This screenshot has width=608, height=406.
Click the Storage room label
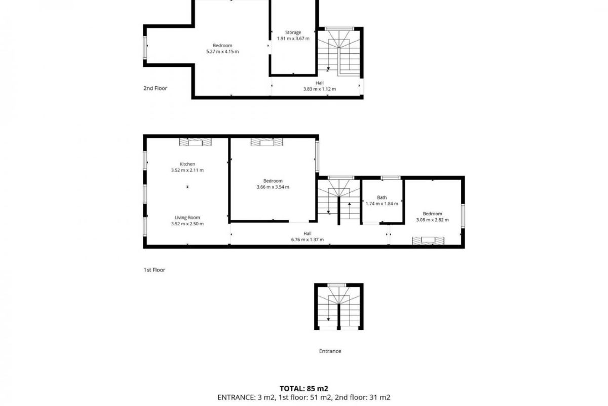coord(293,32)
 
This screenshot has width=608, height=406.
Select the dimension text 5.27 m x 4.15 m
coord(222,51)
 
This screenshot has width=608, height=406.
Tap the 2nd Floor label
coord(155,88)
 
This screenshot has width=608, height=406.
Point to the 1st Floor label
coord(154,270)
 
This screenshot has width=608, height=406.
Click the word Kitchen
coord(187,164)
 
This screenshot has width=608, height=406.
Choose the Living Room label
coord(187,218)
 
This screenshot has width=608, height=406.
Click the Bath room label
coord(382,197)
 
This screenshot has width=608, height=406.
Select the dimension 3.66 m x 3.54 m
coord(273,187)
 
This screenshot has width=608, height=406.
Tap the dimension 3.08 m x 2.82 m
coord(432,220)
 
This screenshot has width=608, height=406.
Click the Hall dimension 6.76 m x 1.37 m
coord(307,240)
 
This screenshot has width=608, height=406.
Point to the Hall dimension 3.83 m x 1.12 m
coord(320,89)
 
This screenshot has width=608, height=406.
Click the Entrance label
coord(330,351)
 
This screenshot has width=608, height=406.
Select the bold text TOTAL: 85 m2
coord(303,388)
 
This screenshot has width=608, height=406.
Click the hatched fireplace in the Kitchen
coord(195,142)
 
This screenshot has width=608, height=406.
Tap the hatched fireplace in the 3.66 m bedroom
coord(267,142)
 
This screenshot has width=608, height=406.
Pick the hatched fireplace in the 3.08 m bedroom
coord(428,241)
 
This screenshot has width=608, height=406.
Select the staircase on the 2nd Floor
coord(339,52)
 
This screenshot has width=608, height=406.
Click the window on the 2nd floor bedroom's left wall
coord(145,48)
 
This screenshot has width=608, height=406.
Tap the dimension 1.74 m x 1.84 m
coord(382,204)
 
